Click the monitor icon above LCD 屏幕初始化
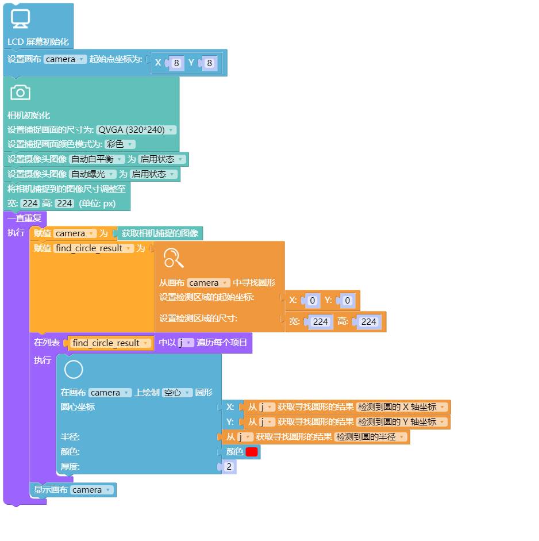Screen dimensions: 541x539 [x=20, y=18]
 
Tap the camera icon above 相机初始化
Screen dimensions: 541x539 [x=20, y=93]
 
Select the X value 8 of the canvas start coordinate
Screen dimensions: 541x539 [x=176, y=63]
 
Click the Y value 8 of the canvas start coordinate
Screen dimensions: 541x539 [x=209, y=63]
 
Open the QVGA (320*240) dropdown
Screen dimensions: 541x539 [x=136, y=130]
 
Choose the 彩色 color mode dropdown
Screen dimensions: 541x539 [x=120, y=144]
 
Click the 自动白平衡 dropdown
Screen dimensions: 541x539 [x=97, y=159]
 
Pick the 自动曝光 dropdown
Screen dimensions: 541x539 [x=93, y=174]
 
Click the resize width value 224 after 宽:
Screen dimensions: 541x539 [x=30, y=204]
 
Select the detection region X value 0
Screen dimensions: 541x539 [x=313, y=300]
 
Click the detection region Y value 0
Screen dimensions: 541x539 [x=348, y=300]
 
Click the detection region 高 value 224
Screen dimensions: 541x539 [x=369, y=322]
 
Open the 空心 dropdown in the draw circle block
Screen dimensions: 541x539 [x=177, y=393]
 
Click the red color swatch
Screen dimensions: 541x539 [x=252, y=452]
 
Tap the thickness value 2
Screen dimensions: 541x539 [x=229, y=467]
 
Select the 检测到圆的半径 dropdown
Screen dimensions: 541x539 [x=371, y=437]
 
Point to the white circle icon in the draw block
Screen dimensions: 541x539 [x=74, y=369]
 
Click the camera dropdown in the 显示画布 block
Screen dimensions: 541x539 [x=92, y=490]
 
